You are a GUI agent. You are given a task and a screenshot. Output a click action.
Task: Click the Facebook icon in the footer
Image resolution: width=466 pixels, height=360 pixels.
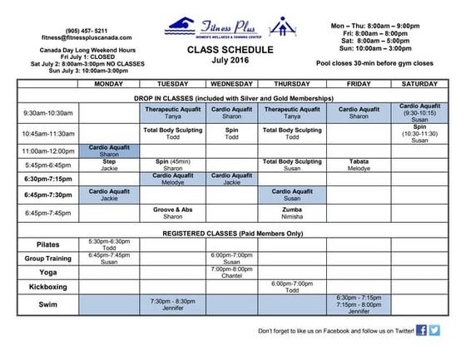(x=422, y=331)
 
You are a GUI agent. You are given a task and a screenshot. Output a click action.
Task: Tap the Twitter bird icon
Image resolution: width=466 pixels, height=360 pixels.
(x=434, y=331)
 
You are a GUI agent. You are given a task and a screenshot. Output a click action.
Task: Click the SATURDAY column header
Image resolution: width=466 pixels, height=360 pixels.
(x=419, y=85)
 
